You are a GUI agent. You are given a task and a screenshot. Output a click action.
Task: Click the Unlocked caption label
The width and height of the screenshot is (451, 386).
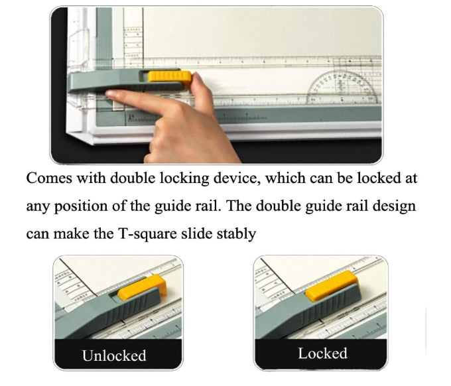click(x=114, y=355)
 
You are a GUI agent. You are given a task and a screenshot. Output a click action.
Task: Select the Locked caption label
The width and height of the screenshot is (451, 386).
click(x=322, y=354)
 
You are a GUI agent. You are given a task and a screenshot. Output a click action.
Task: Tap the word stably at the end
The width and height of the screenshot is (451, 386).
click(x=237, y=234)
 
